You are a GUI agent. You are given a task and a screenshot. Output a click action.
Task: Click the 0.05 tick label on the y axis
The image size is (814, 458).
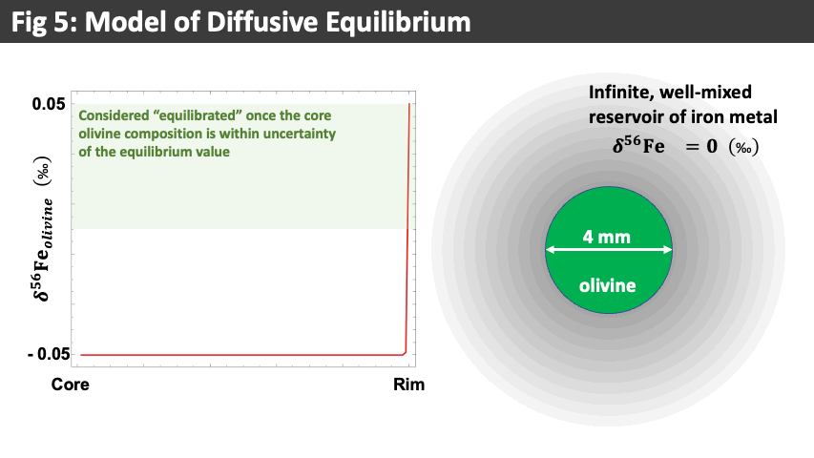[49, 104]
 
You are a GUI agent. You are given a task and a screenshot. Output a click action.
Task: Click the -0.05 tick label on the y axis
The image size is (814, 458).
[49, 354]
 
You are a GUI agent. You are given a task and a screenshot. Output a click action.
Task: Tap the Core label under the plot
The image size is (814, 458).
[70, 385]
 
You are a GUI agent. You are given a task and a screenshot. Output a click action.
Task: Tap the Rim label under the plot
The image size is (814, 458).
[408, 385]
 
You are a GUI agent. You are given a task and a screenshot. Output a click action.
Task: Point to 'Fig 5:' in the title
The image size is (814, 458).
[44, 22]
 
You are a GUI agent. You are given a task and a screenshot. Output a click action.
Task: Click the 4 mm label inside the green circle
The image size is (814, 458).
[606, 238]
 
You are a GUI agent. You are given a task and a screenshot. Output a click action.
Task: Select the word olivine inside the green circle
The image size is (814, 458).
[607, 285]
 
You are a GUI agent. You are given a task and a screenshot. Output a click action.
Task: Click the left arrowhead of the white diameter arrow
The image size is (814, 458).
[551, 250]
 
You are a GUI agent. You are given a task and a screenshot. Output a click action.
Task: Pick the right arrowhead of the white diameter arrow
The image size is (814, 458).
[668, 250]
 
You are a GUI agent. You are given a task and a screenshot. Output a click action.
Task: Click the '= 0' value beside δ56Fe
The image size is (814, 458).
[701, 146]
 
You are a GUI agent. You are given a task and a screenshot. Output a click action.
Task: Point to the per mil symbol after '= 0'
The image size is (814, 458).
[744, 147]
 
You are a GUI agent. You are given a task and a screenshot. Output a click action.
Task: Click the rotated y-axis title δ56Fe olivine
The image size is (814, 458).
[44, 229]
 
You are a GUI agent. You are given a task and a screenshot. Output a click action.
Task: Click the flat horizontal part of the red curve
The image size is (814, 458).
[242, 355]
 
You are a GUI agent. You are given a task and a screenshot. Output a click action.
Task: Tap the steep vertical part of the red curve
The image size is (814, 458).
[408, 228]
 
